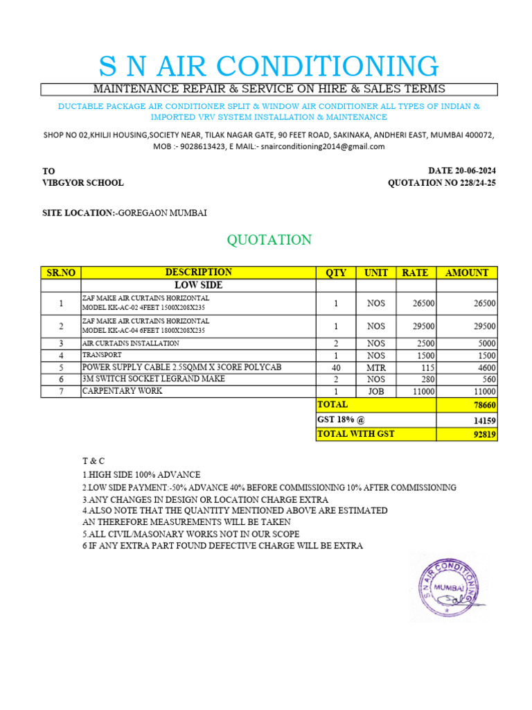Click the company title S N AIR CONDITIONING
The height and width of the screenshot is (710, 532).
(x=269, y=66)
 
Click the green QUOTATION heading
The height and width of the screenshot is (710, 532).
(x=269, y=240)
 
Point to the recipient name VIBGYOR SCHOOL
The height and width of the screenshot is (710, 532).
(x=83, y=183)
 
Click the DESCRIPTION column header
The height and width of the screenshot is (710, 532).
(x=198, y=272)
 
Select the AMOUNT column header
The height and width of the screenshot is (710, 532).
(x=466, y=272)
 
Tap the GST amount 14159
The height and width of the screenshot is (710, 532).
(x=483, y=420)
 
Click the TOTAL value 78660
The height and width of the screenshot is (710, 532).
(x=483, y=405)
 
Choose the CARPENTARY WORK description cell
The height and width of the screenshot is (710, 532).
(x=123, y=391)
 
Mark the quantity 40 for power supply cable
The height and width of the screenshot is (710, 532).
(x=336, y=367)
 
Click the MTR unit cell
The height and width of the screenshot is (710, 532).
(x=376, y=367)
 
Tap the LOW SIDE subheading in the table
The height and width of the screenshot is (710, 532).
(x=197, y=285)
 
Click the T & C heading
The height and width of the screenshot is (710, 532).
(x=93, y=461)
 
